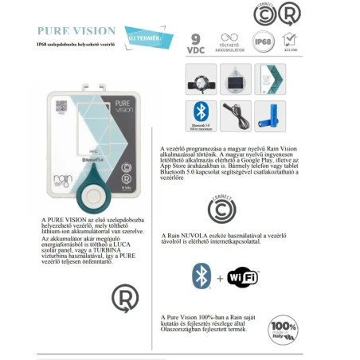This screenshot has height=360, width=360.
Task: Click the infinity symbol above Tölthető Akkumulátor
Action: point(229,38)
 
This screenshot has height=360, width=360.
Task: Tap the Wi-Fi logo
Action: point(243,277)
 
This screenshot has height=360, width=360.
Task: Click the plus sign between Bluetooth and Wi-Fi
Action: point(220,277)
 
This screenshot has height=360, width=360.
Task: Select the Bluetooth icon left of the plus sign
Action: point(201,277)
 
